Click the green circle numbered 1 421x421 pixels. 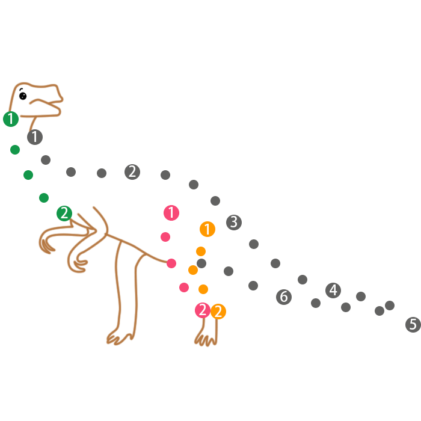[11, 119]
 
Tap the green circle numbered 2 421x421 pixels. [64, 213]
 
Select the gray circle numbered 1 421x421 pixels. [35, 137]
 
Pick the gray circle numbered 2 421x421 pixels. [132, 172]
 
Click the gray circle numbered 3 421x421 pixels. [234, 223]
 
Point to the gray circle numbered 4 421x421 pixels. [333, 290]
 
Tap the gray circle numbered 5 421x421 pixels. [413, 325]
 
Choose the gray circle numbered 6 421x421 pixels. [284, 297]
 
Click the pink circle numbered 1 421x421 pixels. [171, 212]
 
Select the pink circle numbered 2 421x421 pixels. [203, 310]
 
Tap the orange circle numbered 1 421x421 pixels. [207, 229]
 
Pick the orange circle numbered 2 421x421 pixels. [218, 312]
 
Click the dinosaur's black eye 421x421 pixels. [23, 96]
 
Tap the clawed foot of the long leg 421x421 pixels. [119, 337]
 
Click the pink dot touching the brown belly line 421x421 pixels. [171, 263]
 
